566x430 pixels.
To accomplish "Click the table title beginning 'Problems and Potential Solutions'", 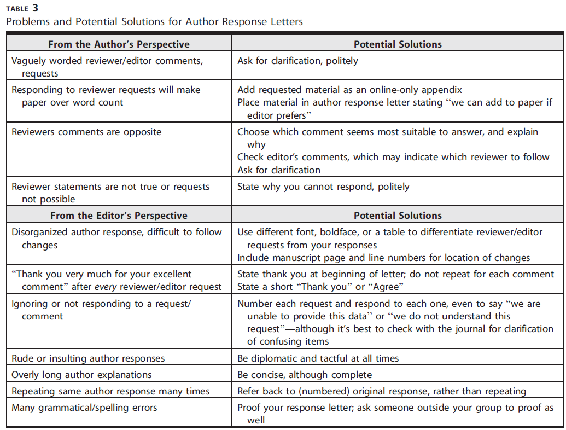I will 154,22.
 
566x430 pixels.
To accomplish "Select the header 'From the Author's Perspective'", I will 119,44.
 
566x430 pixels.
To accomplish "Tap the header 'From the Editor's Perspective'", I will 119,215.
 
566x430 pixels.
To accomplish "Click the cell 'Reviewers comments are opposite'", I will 86,132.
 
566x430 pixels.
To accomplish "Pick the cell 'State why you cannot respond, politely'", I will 323,187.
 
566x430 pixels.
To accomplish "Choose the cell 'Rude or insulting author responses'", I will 88,358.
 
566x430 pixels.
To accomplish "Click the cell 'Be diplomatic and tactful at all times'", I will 318,358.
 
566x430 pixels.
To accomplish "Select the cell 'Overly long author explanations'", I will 81,375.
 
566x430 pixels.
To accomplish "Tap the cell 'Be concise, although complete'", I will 304,375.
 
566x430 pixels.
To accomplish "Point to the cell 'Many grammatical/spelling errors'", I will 84,408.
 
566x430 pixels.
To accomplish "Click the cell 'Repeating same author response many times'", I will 110,391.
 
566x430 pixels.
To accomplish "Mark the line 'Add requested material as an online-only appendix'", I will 349,90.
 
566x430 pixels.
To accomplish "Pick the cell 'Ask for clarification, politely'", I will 297,61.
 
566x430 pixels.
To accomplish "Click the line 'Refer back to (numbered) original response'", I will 382,391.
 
